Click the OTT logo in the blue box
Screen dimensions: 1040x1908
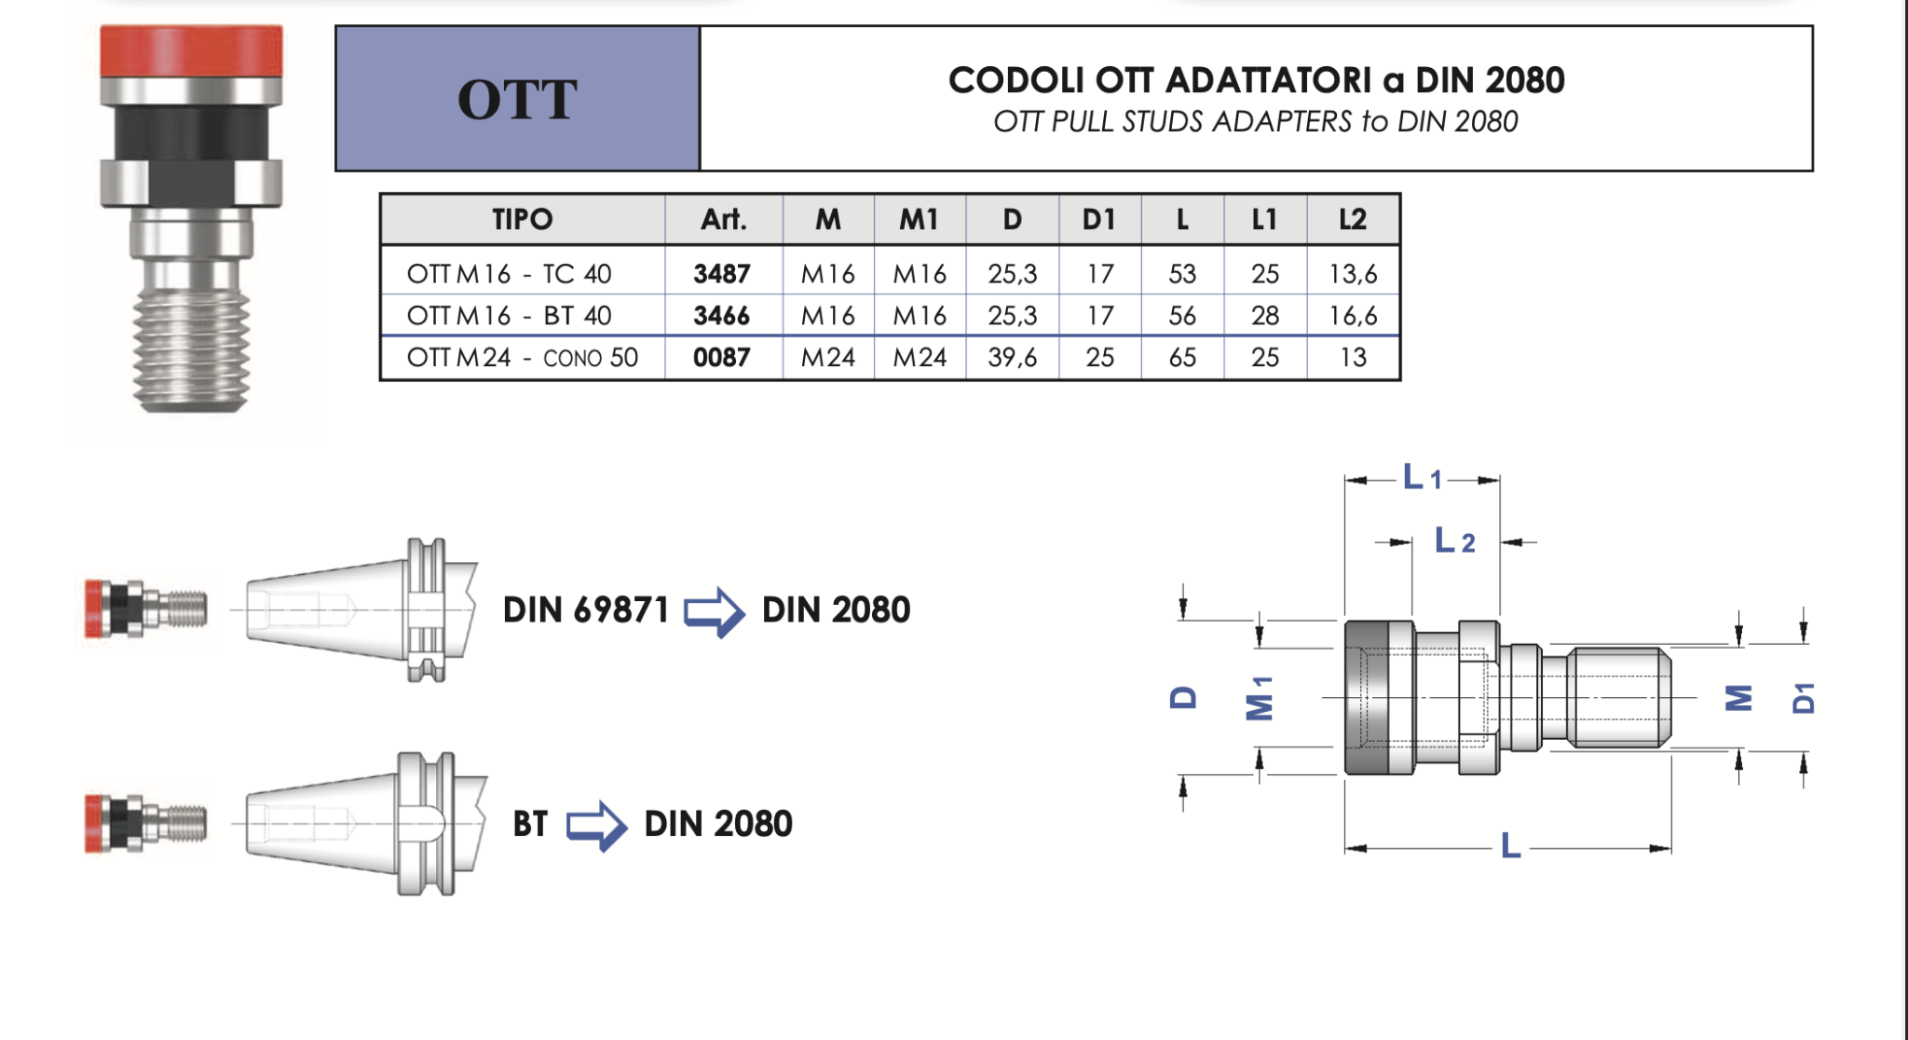[x=517, y=100]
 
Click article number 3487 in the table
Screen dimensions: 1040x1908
[x=722, y=274]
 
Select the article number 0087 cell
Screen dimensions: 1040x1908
[x=722, y=358]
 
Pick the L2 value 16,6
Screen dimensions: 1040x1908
[x=1353, y=316]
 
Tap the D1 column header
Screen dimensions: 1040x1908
[x=1099, y=220]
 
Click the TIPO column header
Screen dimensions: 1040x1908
[x=523, y=220]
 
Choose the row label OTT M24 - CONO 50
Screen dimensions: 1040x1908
[x=523, y=358]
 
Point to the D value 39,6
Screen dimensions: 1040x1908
[x=1013, y=358]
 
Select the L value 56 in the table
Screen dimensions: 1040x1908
[x=1182, y=316]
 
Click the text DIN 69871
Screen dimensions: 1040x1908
[x=586, y=610]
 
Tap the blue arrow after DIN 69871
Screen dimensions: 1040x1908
[x=715, y=611]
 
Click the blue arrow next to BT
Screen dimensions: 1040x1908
[x=596, y=825]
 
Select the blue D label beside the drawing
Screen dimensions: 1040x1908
[x=1183, y=697]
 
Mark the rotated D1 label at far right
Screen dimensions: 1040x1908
[x=1804, y=697]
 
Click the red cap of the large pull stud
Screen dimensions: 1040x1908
[x=191, y=52]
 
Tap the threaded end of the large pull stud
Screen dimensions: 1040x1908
[x=191, y=349]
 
